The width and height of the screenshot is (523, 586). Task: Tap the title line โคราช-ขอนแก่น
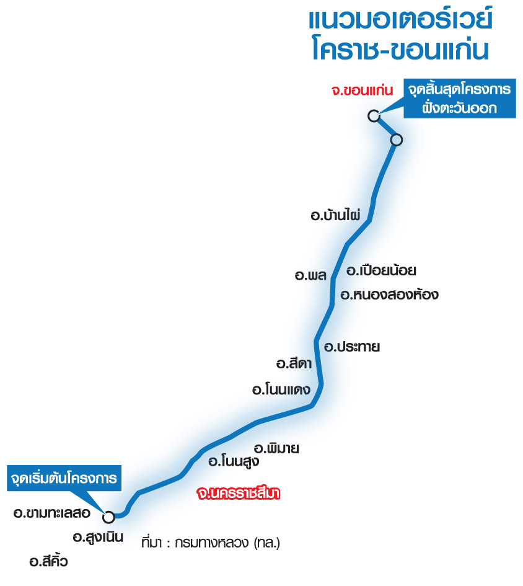pyautogui.click(x=400, y=49)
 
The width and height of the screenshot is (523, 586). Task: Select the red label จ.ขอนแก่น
pyautogui.click(x=363, y=91)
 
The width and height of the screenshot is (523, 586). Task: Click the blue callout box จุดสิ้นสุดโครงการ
pyautogui.click(x=460, y=99)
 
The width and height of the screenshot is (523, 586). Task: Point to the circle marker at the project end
pyautogui.click(x=374, y=116)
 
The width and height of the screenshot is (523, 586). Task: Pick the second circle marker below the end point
pyautogui.click(x=397, y=140)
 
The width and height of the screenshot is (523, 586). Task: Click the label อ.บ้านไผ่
pyautogui.click(x=335, y=215)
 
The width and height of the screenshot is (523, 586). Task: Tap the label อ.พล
pyautogui.click(x=311, y=275)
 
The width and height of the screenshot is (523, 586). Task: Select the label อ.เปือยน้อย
pyautogui.click(x=382, y=270)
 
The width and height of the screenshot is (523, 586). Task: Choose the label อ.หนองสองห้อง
pyautogui.click(x=389, y=295)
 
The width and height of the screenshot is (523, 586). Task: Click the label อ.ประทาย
pyautogui.click(x=352, y=347)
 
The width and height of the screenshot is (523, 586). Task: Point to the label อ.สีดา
pyautogui.click(x=294, y=363)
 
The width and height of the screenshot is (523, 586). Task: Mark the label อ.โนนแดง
pyautogui.click(x=281, y=389)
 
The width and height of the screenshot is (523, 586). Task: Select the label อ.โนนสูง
pyautogui.click(x=234, y=461)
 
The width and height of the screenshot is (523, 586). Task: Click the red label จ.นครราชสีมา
pyautogui.click(x=239, y=494)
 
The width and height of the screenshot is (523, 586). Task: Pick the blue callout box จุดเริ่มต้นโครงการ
pyautogui.click(x=64, y=478)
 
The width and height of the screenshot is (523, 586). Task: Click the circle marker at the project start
pyautogui.click(x=108, y=517)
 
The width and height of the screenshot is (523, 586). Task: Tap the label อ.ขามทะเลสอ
pyautogui.click(x=52, y=513)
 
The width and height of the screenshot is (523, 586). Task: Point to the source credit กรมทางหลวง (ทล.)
pyautogui.click(x=227, y=542)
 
